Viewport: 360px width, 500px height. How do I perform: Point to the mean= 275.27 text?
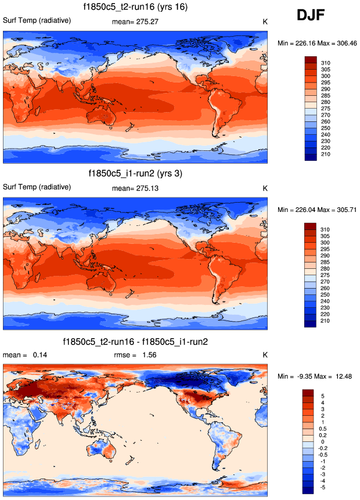(x=135, y=21)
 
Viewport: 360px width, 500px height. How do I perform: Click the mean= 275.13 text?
(x=135, y=188)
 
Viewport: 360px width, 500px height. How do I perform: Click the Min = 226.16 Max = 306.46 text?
(x=316, y=43)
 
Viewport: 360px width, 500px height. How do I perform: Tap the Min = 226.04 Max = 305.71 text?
(x=316, y=210)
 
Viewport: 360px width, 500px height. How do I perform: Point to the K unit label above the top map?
(x=265, y=21)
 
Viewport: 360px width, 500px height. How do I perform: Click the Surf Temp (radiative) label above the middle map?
(x=37, y=187)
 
